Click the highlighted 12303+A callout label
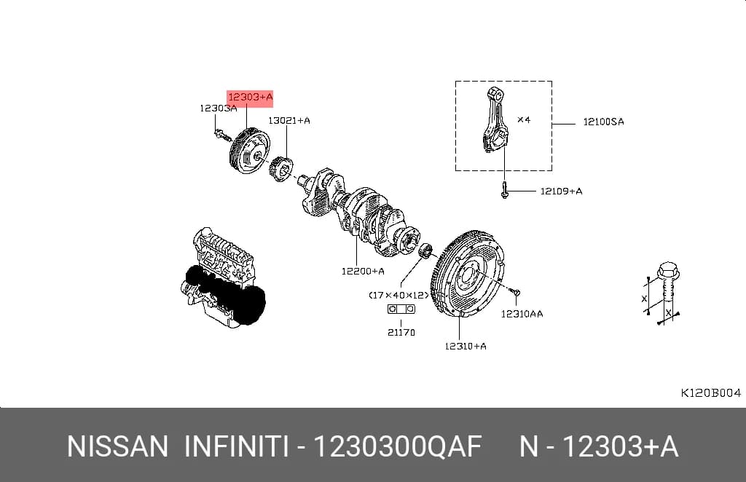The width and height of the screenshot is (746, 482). [251, 98]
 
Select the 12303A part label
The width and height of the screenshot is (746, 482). [219, 108]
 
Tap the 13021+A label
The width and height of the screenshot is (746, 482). [289, 121]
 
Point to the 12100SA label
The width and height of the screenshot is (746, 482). [603, 122]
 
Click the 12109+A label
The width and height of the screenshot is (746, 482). [561, 191]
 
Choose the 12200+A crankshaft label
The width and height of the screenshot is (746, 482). [363, 272]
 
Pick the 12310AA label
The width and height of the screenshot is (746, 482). [522, 314]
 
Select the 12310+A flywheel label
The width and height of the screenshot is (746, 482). [466, 346]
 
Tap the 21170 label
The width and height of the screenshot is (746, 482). [401, 332]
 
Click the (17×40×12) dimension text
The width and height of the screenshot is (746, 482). [398, 295]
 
